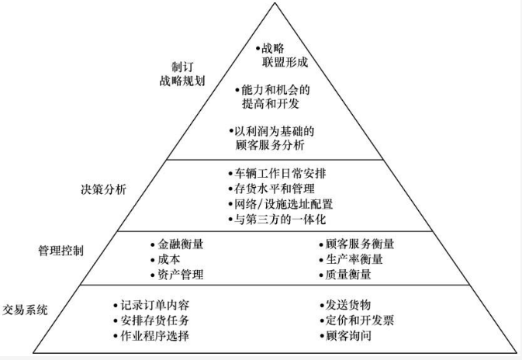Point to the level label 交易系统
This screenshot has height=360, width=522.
click(26, 310)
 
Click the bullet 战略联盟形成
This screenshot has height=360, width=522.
click(274, 55)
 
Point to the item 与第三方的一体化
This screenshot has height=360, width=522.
click(277, 220)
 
